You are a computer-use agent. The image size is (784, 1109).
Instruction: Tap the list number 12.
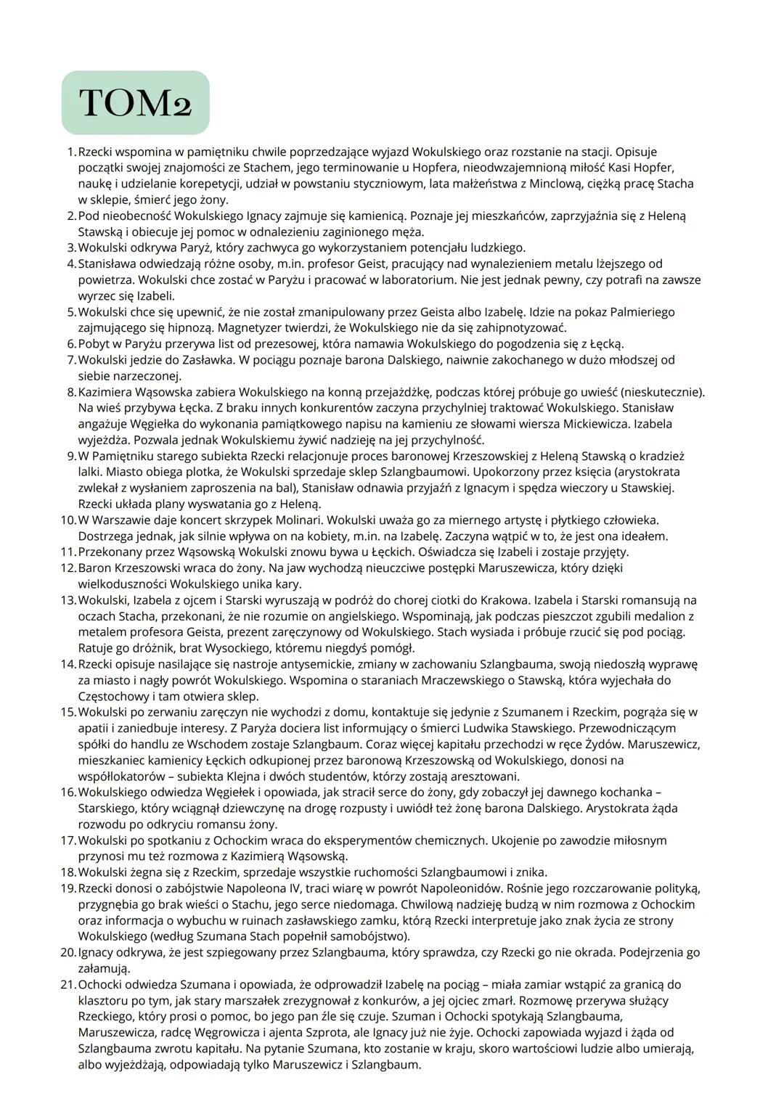point(68,568)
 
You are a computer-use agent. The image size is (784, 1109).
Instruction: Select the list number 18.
point(68,872)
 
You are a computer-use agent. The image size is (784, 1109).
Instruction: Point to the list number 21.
point(68,984)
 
